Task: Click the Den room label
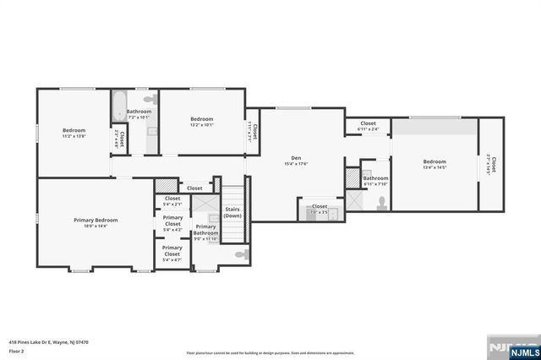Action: coord(296,158)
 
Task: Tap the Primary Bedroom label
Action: coord(95,220)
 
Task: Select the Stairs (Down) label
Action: coord(232,212)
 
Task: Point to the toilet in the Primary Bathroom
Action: coord(241,254)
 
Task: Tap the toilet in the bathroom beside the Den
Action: coord(382,201)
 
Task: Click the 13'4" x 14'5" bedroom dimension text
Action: coord(434,168)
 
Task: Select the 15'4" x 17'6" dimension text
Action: coord(296,165)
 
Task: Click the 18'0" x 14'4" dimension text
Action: coord(95,226)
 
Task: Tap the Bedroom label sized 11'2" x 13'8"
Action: coord(74,130)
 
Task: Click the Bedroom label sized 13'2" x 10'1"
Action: coord(201,119)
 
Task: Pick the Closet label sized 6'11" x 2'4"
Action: coord(368,123)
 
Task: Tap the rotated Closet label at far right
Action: coord(494,166)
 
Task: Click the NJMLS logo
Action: coord(511,346)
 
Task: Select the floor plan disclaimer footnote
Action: coord(270,352)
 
